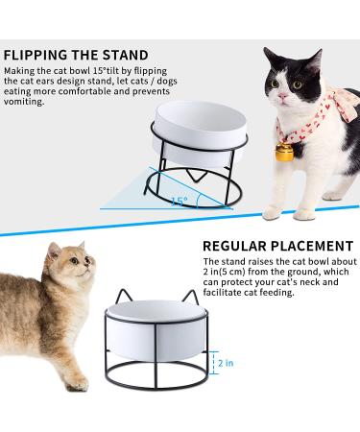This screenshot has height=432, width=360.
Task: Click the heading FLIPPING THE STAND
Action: pyautogui.click(x=76, y=55)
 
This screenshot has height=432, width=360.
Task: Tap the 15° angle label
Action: pyautogui.click(x=179, y=201)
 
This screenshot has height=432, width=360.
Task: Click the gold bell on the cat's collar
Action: pyautogui.click(x=286, y=151)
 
